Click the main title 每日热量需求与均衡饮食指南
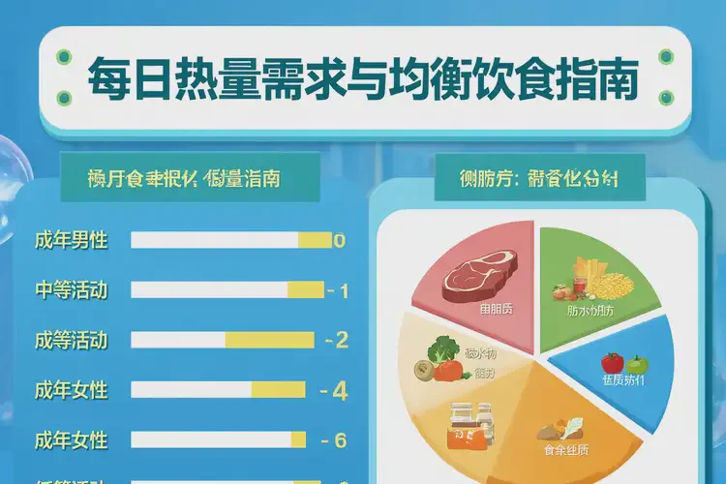pyautogui.click(x=362, y=80)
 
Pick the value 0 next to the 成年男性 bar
pyautogui.click(x=339, y=240)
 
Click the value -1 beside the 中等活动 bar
pyautogui.click(x=338, y=290)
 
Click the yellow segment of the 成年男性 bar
pyautogui.click(x=315, y=240)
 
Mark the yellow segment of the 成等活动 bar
pyautogui.click(x=270, y=340)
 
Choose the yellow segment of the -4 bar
pyautogui.click(x=279, y=390)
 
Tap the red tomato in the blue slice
pyautogui.click(x=612, y=363)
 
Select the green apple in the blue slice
pyautogui.click(x=636, y=365)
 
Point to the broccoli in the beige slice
pyautogui.click(x=445, y=348)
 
